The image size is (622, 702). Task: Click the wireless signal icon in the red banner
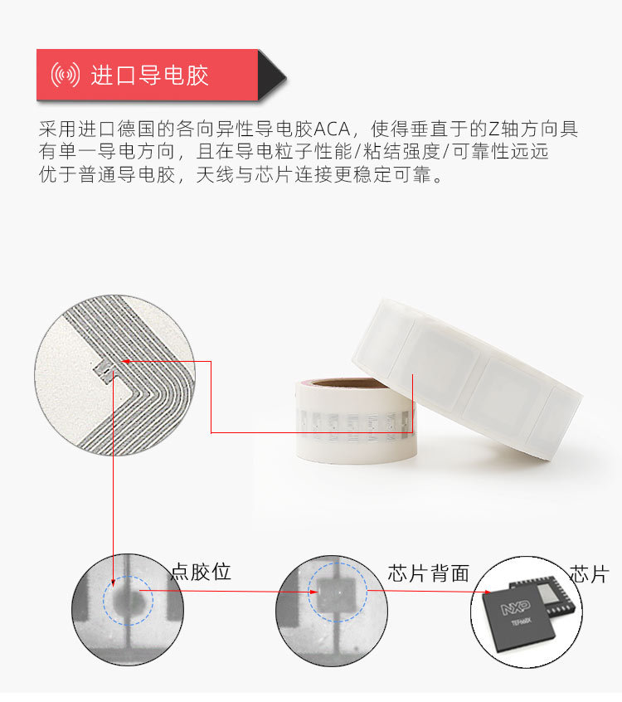(65, 75)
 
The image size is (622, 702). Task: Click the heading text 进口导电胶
(150, 75)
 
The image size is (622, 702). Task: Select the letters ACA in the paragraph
(332, 129)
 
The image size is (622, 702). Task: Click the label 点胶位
(201, 573)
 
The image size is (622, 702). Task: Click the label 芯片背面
(428, 573)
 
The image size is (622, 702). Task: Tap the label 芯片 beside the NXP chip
(590, 574)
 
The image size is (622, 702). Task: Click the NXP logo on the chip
(516, 608)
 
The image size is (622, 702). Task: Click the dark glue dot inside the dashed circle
(129, 601)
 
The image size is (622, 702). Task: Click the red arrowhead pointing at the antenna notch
(126, 361)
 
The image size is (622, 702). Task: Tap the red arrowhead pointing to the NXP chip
(487, 592)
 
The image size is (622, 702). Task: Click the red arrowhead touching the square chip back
(313, 592)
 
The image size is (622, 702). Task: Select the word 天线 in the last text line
(216, 175)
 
